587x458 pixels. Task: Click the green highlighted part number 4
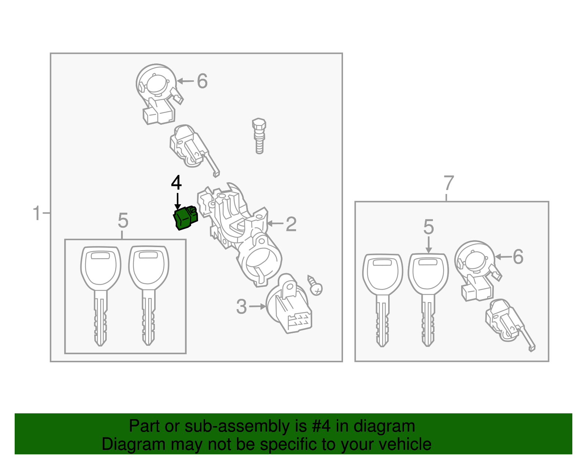coord(185,218)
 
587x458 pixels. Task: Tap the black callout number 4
coord(176,183)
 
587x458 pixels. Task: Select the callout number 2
coord(291,224)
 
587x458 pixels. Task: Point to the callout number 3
coord(241,307)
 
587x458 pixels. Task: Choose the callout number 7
coord(449,183)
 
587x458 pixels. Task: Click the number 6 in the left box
coord(202,81)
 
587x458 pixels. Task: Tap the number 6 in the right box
coord(518,257)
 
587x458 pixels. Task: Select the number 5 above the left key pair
coord(123,220)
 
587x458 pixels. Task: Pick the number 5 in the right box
coord(429,227)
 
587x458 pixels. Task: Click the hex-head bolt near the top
coord(259,136)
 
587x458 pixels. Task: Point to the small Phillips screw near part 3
coord(315,286)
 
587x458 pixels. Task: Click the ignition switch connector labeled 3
coord(288,304)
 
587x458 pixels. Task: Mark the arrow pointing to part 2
coord(275,223)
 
